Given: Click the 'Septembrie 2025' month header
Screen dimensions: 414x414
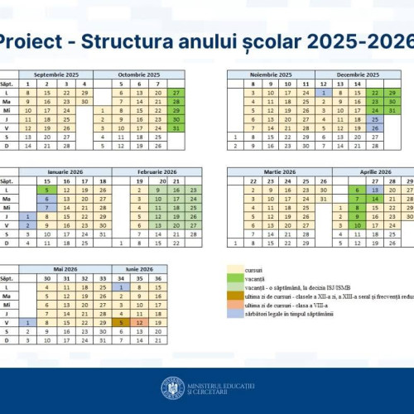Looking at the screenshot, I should click(57, 75).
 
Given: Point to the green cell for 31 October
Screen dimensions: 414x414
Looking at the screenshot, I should click(176, 128).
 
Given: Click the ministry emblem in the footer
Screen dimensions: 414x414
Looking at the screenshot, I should click(173, 388).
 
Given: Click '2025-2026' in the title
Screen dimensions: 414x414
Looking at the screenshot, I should click(363, 41).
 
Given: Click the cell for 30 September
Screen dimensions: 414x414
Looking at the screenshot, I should click(84, 101).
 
